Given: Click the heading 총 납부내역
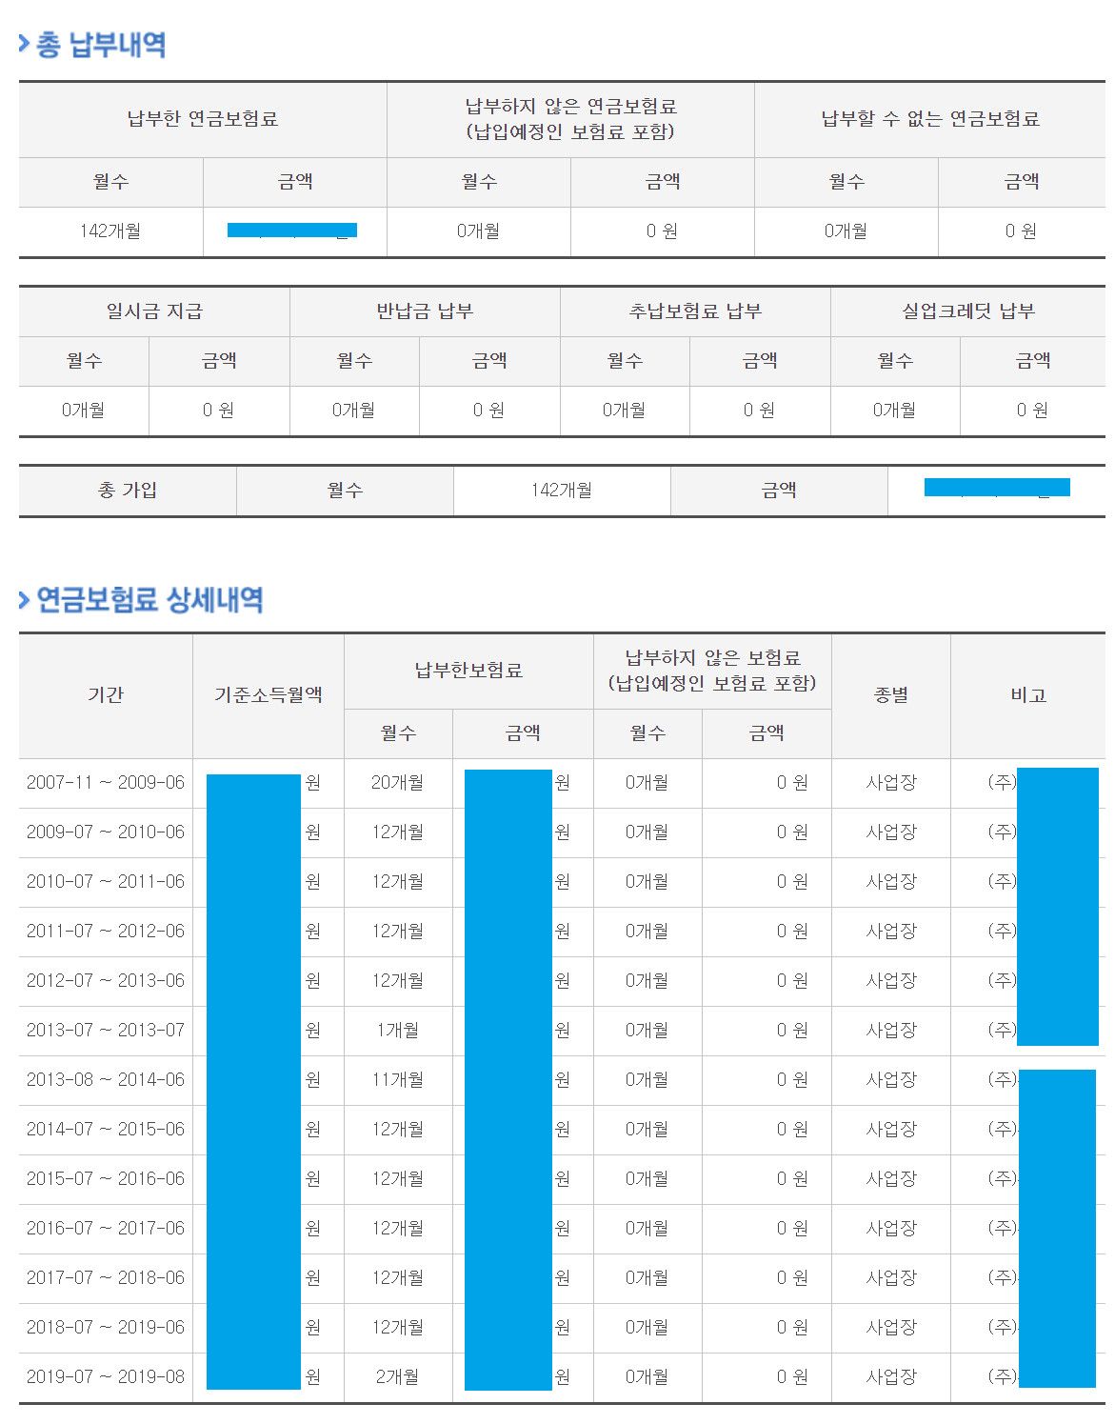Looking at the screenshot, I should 100,45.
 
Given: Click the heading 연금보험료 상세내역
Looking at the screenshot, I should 149,600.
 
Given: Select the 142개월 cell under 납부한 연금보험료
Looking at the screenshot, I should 110,231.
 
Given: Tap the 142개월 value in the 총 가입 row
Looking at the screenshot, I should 562,491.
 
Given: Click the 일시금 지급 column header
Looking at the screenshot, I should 154,311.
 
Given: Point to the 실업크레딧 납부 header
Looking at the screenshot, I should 967,311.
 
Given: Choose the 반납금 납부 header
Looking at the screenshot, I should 425,311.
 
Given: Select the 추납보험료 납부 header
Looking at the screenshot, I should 695,311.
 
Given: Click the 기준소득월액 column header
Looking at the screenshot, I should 269,695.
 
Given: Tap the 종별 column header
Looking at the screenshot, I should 891,695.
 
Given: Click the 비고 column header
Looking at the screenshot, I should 1028,695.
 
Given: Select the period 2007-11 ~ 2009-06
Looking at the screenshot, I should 106,783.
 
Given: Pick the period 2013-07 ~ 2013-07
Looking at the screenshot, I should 106,1031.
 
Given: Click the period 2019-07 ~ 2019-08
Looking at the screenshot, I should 106,1377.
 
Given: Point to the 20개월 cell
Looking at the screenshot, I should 397,783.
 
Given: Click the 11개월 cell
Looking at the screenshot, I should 397,1080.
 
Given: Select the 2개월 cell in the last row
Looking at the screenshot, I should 397,1377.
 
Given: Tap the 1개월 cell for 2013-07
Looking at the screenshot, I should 397,1031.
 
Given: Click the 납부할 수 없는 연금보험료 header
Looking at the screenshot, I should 930,119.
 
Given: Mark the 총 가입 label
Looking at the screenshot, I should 128,491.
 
